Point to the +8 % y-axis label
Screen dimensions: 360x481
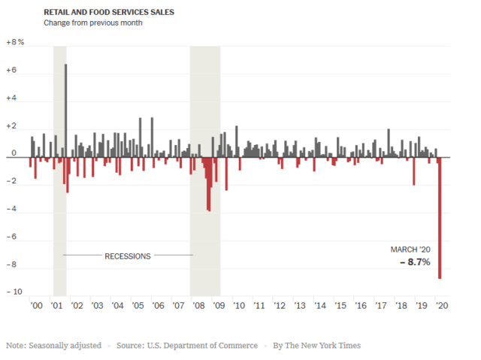[x=15, y=43]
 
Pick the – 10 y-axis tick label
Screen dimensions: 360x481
[x=14, y=292]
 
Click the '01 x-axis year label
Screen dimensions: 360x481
[x=56, y=307]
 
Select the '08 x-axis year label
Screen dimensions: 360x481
[x=199, y=307]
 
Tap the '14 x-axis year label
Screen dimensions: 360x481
[x=321, y=307]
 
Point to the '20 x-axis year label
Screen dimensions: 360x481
[x=443, y=307]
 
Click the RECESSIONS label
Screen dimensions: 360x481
[x=127, y=256]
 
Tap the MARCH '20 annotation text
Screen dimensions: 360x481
[x=410, y=250]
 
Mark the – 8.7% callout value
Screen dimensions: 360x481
[x=413, y=262]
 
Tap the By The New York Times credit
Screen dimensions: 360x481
[x=316, y=346]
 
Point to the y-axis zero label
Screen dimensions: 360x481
[x=14, y=157]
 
